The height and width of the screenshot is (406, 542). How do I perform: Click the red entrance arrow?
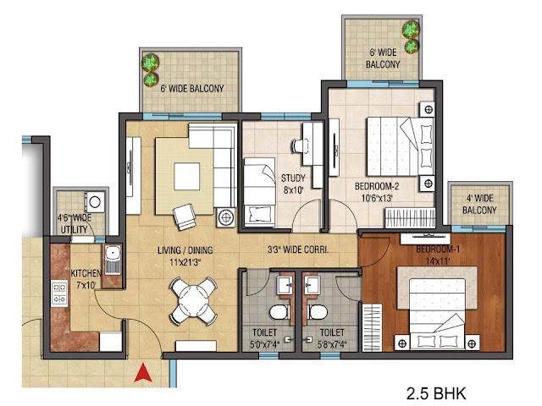(x=143, y=372)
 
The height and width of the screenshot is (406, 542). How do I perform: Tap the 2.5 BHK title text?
(x=436, y=393)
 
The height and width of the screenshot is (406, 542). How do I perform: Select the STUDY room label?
(x=293, y=178)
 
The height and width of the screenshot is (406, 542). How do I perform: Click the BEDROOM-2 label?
(x=377, y=186)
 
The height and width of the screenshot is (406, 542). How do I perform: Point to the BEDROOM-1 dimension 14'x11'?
(x=438, y=261)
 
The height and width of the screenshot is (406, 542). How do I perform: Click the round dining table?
(x=193, y=301)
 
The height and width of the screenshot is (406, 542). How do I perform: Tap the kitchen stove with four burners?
(x=59, y=294)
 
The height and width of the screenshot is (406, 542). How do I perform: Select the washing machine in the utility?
(x=96, y=201)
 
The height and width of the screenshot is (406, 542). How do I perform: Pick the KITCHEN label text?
(x=86, y=273)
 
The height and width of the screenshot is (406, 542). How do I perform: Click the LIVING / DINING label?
(x=185, y=250)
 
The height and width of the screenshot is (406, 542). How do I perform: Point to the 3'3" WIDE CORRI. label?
(x=298, y=250)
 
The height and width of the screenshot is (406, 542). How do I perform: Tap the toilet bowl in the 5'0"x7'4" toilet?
(x=279, y=312)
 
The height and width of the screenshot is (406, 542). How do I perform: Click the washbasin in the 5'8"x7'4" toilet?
(x=312, y=285)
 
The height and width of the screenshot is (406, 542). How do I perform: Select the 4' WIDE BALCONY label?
(x=479, y=204)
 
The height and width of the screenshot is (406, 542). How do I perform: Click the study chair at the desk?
(x=298, y=145)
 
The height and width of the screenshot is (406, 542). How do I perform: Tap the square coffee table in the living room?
(x=186, y=177)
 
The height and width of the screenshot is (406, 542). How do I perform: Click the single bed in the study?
(x=259, y=192)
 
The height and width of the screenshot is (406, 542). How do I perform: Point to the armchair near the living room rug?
(x=185, y=217)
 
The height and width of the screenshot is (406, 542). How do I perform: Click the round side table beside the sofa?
(x=226, y=217)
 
